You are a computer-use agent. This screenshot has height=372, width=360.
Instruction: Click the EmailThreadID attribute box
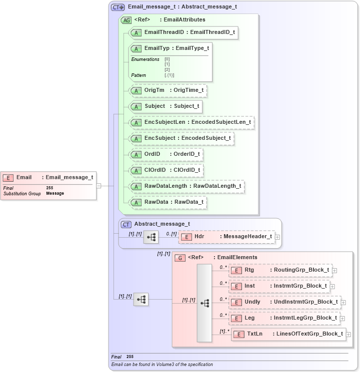(x=183, y=32)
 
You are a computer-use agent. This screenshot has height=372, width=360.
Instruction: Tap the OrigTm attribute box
(x=167, y=90)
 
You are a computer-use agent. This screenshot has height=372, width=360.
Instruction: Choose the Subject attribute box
(x=165, y=106)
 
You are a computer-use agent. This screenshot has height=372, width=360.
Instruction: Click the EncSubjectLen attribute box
(x=191, y=122)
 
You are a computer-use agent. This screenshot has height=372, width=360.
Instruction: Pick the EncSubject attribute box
(x=181, y=138)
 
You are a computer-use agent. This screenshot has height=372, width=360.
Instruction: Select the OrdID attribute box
(x=165, y=154)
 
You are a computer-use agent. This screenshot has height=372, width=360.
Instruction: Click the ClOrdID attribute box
(x=166, y=170)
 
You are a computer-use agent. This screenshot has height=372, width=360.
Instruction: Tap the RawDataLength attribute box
(x=186, y=186)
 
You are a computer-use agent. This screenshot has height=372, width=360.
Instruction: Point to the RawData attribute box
(x=167, y=202)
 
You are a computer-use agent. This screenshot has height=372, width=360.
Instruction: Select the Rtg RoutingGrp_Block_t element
(x=280, y=271)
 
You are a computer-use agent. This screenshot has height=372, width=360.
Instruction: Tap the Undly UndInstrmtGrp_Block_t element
(x=284, y=302)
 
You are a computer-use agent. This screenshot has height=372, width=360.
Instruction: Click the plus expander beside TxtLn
(x=348, y=335)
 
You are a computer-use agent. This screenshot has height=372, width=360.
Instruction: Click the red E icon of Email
(x=8, y=178)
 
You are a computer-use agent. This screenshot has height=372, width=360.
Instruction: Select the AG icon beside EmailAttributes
(x=126, y=20)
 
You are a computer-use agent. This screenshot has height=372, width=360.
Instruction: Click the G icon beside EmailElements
(x=180, y=258)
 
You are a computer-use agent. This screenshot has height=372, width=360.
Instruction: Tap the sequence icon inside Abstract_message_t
(x=151, y=237)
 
